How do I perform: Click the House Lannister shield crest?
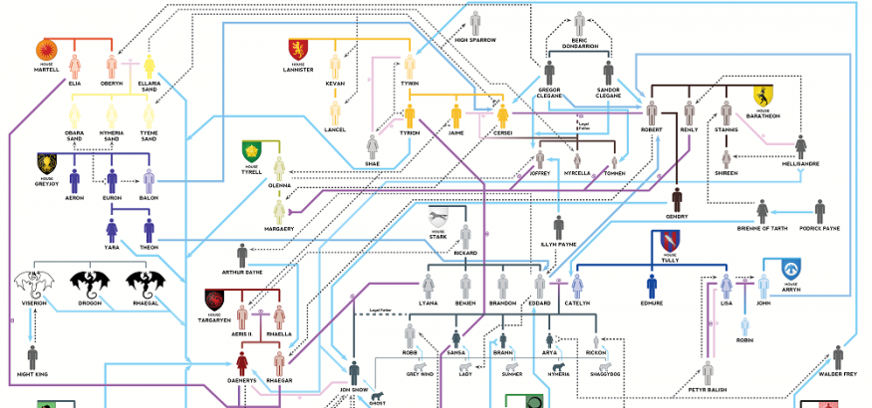click(x=298, y=49)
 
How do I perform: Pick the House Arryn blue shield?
click(x=792, y=269)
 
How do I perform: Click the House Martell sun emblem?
click(x=47, y=50)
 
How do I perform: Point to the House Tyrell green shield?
click(x=251, y=151)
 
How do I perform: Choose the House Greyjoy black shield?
click(x=47, y=162)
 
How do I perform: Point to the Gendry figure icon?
click(x=677, y=198)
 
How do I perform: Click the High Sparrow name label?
click(x=474, y=40)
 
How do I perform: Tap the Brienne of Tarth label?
click(x=762, y=229)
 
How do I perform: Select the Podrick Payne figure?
click(x=819, y=211)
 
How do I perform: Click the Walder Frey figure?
click(x=838, y=356)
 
